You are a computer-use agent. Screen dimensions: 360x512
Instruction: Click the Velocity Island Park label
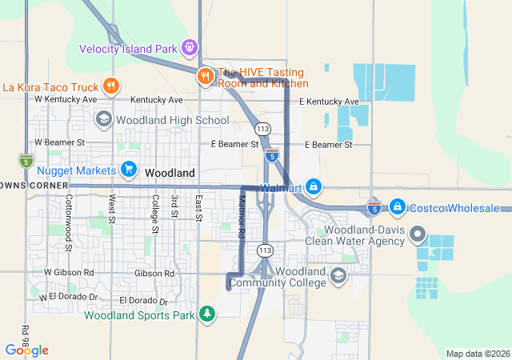[128, 49]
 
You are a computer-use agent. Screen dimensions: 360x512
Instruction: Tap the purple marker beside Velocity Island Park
[190, 48]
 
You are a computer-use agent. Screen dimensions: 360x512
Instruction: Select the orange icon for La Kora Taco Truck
[111, 86]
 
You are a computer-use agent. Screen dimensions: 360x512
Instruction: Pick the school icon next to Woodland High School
[103, 120]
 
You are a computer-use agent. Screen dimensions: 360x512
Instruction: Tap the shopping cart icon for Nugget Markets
[128, 170]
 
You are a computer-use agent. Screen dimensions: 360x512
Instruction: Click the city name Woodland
[170, 173]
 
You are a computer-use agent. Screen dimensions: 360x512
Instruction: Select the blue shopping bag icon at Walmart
[314, 188]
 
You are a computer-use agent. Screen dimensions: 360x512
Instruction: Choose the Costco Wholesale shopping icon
[397, 207]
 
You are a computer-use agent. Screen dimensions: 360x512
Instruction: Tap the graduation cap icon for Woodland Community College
[338, 276]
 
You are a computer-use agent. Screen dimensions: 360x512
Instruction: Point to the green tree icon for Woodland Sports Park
[207, 313]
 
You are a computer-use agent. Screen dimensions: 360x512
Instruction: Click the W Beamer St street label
[60, 142]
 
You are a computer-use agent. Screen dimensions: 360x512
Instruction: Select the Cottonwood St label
[69, 222]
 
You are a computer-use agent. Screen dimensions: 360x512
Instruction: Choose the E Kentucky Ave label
[329, 102]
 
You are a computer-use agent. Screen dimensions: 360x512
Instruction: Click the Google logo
[26, 350]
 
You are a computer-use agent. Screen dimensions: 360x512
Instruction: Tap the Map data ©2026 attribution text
[477, 354]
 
